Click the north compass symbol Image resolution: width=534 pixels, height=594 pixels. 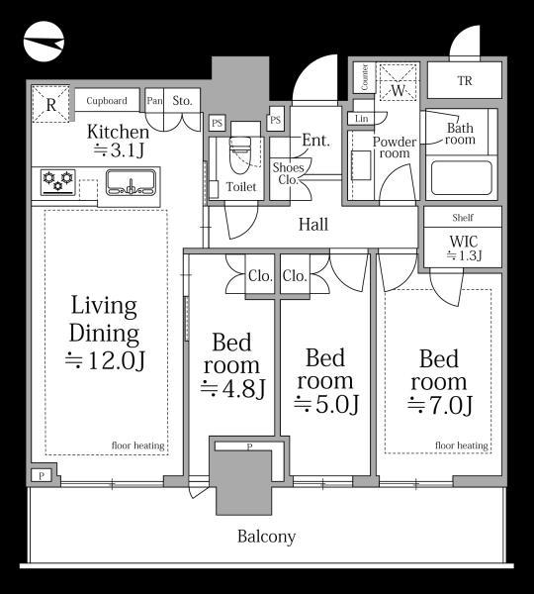coord(44,42)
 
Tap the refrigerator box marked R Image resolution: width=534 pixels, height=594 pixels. coord(50,104)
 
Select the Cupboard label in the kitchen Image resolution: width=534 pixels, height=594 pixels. coord(107,101)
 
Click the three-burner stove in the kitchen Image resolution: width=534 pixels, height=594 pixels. coord(58,182)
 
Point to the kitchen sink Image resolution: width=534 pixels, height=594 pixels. coord(131,182)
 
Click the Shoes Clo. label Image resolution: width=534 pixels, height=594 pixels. coord(289,173)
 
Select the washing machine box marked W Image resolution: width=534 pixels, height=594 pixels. coord(399,82)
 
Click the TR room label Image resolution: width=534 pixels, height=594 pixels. coord(465,81)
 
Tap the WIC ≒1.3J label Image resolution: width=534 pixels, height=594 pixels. coord(464,248)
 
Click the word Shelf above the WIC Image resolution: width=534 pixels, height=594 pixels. coord(463,218)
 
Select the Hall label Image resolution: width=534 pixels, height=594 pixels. coord(313,225)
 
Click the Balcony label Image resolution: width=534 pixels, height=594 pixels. coord(266,537)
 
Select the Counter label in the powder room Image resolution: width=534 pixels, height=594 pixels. coord(365,77)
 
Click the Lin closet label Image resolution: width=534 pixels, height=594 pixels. coord(361,119)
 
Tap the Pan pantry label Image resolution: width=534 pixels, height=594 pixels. coord(154,101)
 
